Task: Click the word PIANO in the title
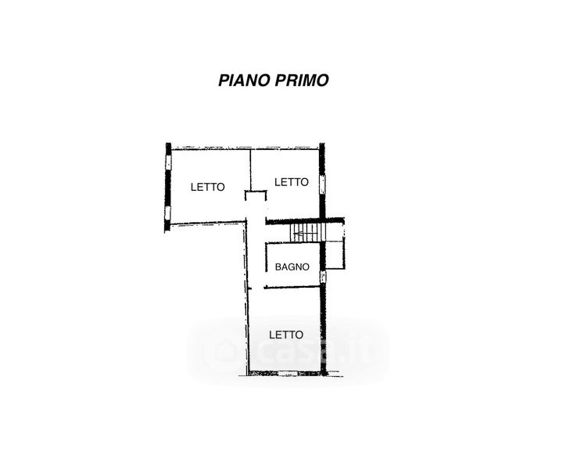(x=244, y=80)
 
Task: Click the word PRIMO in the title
(x=301, y=80)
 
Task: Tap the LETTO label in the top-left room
(x=208, y=187)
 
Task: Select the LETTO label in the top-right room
(x=292, y=181)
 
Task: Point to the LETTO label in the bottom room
(x=286, y=334)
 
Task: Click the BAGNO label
(x=292, y=267)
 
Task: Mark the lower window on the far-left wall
(x=167, y=213)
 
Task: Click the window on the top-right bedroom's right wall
(x=322, y=184)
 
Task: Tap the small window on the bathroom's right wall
(x=322, y=276)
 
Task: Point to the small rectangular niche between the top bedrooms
(x=256, y=195)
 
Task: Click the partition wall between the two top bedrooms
(x=250, y=168)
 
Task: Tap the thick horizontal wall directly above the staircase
(x=305, y=220)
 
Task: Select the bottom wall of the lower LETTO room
(x=285, y=373)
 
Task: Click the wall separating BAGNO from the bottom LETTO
(x=292, y=287)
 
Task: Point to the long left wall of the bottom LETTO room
(x=248, y=328)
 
